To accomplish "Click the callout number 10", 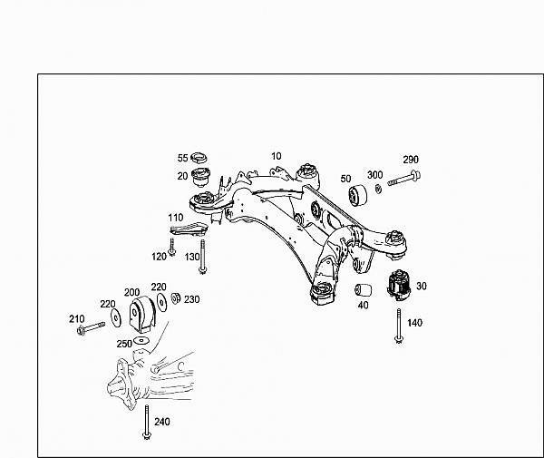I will click(277, 156).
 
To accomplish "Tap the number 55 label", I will click(182, 158).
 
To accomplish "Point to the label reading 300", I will click(374, 174).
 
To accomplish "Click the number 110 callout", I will click(175, 219).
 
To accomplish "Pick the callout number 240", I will click(162, 421).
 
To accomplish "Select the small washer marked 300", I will click(376, 188).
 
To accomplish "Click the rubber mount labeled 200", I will click(140, 315).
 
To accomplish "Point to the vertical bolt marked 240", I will click(145, 423).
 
